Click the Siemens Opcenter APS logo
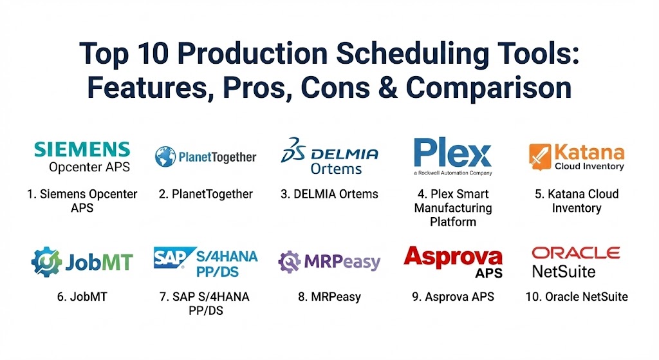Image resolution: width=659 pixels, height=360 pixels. point(82,157)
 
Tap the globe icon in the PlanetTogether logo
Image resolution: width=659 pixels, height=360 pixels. point(165,157)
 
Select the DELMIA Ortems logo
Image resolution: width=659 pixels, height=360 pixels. point(329,156)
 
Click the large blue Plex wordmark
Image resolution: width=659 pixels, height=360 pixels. point(452,152)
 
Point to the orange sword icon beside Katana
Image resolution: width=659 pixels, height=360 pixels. point(540,157)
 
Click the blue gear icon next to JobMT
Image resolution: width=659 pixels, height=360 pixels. point(46,261)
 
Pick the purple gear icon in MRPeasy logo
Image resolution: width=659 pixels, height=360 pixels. point(289,262)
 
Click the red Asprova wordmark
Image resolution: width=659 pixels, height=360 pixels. point(452,256)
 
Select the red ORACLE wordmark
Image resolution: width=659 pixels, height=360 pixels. point(576,252)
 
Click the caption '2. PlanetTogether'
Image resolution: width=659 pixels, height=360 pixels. point(206,194)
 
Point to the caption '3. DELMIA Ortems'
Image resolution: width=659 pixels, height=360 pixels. point(329,194)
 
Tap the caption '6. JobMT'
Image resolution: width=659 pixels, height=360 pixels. point(82,297)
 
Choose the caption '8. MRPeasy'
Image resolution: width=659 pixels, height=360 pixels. point(329,297)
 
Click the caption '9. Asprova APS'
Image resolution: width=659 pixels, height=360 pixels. point(453,297)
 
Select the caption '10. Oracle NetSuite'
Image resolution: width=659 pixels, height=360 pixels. point(577,297)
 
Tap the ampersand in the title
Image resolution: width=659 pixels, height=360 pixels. point(388,88)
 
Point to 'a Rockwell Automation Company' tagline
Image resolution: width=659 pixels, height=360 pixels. point(452,173)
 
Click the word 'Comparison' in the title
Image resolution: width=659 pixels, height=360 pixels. point(488,89)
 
